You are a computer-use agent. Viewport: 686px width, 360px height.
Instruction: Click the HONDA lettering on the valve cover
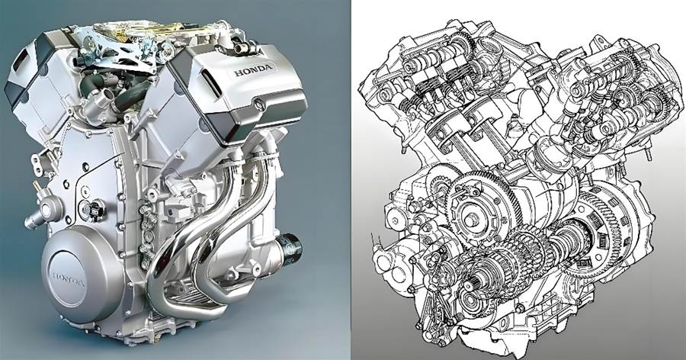(253, 69)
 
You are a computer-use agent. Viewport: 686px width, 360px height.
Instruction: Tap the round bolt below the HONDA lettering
(258, 104)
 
